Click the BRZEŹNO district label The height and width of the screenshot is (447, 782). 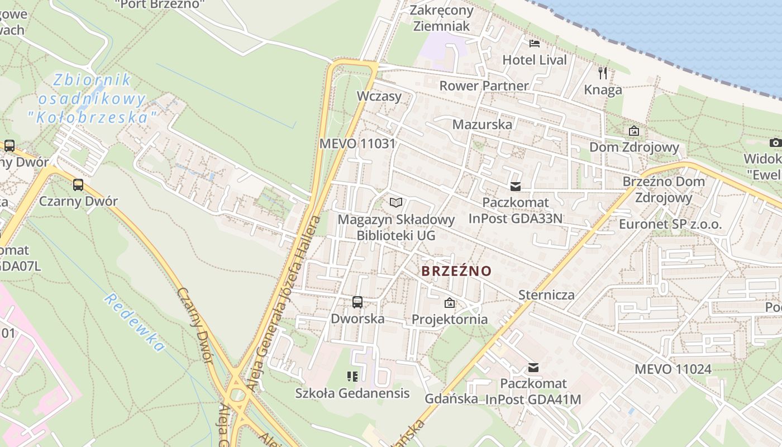pos(456,272)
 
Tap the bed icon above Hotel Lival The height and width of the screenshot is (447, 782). pos(535,44)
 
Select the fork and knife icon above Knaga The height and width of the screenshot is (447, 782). pos(602,73)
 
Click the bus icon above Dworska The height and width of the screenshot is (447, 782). pos(357,302)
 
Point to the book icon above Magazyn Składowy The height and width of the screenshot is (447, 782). pos(396,202)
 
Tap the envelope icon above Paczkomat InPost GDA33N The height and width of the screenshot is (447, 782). pos(515,186)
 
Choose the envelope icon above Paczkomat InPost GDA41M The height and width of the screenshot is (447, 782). pos(533,367)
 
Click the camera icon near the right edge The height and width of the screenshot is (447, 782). pos(775,143)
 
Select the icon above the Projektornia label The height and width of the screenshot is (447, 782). pos(449,303)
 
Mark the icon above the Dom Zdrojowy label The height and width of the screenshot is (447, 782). pos(634,131)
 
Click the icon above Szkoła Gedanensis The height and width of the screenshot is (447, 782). pos(352,377)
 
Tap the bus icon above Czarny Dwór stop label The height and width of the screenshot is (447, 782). pos(78,184)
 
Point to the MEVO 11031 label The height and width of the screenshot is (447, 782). pos(357,144)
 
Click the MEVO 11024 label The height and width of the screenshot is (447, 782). pos(673,369)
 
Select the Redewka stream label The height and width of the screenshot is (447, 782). pos(134,323)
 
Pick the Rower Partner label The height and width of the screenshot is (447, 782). pos(484,86)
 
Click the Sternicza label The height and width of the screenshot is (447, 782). pos(546,294)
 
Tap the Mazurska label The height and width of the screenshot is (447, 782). pos(482,125)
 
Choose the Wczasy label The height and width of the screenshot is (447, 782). pos(379,96)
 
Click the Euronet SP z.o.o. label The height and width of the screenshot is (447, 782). pos(670,225)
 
